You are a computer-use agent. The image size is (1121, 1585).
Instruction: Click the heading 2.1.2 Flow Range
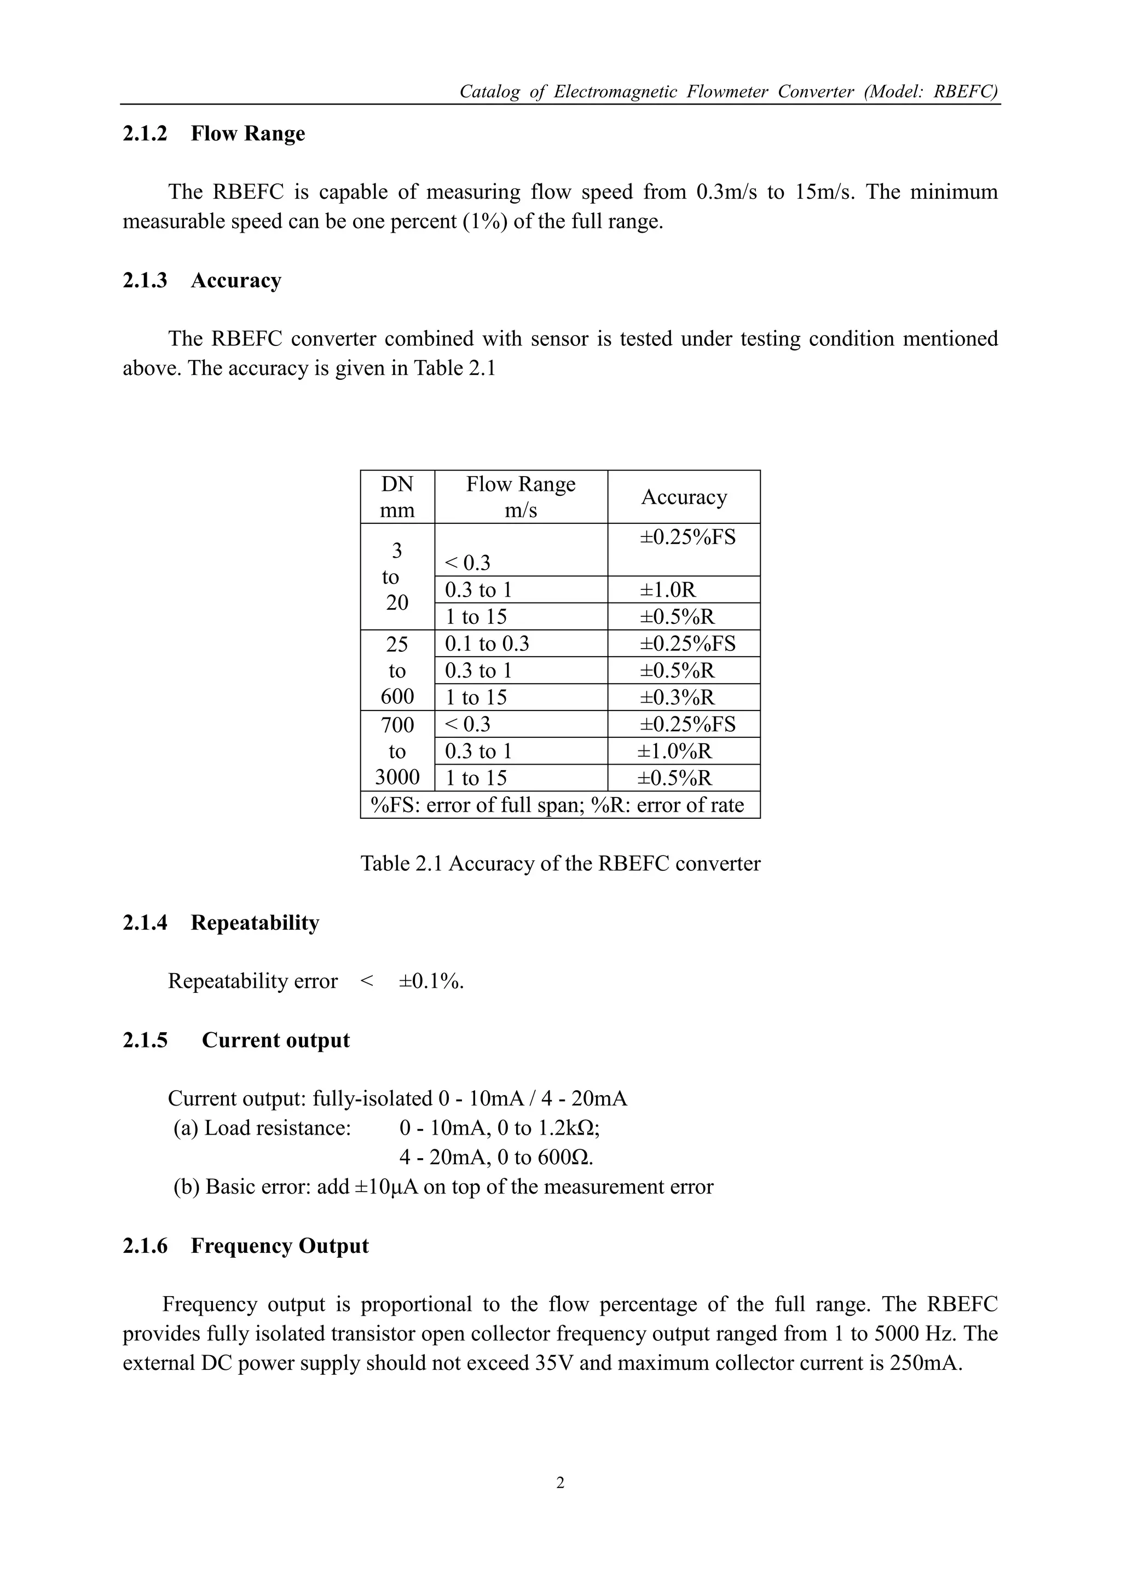click(213, 133)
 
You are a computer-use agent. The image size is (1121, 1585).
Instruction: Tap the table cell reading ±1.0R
click(667, 589)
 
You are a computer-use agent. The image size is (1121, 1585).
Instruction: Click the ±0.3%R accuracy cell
click(677, 697)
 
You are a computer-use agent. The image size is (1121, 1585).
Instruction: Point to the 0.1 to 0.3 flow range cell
click(487, 644)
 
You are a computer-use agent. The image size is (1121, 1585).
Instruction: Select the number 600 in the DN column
click(397, 697)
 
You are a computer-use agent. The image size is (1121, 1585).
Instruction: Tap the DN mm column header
click(397, 497)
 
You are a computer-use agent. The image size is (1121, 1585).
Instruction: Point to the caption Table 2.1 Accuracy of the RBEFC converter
click(560, 864)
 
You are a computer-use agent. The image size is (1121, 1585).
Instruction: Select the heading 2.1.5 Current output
click(236, 1040)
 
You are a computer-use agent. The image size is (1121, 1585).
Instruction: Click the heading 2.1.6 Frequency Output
click(245, 1246)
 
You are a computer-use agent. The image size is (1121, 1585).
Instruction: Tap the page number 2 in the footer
click(560, 1482)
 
